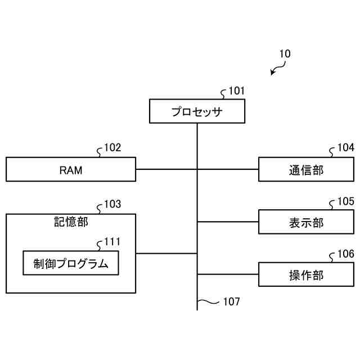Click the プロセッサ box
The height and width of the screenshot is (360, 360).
(197, 111)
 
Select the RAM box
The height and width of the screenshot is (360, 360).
(71, 169)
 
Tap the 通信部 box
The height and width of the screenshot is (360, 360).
(306, 169)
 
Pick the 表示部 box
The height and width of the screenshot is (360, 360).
(306, 222)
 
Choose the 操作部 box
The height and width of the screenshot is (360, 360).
(306, 274)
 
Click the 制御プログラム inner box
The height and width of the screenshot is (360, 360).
(71, 263)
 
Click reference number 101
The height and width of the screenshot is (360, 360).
(236, 91)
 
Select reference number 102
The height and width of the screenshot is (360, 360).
(112, 148)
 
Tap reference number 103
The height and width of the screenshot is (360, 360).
(112, 204)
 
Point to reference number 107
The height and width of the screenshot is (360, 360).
(231, 301)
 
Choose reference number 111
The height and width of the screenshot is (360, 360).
(112, 242)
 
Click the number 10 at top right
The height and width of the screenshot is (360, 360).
(285, 55)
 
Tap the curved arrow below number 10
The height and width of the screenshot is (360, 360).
(277, 70)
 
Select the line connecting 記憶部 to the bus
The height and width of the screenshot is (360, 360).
(166, 253)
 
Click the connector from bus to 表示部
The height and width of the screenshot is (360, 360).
(228, 222)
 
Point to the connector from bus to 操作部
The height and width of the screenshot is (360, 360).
(228, 274)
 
